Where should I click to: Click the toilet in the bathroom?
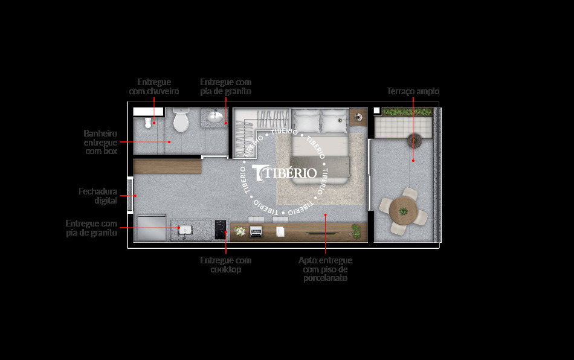181,121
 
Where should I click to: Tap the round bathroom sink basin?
214,116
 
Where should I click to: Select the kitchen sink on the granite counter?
184,230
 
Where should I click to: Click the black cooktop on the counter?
219,230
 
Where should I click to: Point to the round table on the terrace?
403,211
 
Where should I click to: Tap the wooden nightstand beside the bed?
358,116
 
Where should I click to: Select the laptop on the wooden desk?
256,231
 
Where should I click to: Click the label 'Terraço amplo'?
413,91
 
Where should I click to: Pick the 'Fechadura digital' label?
98,196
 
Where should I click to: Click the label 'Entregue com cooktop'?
225,265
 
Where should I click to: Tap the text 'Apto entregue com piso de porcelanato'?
325,269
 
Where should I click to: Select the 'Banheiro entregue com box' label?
100,142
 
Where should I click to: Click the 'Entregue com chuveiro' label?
154,86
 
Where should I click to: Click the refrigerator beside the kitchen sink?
151,228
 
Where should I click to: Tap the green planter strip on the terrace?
407,112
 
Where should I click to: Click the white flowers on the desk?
240,231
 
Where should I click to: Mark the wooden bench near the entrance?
167,166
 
